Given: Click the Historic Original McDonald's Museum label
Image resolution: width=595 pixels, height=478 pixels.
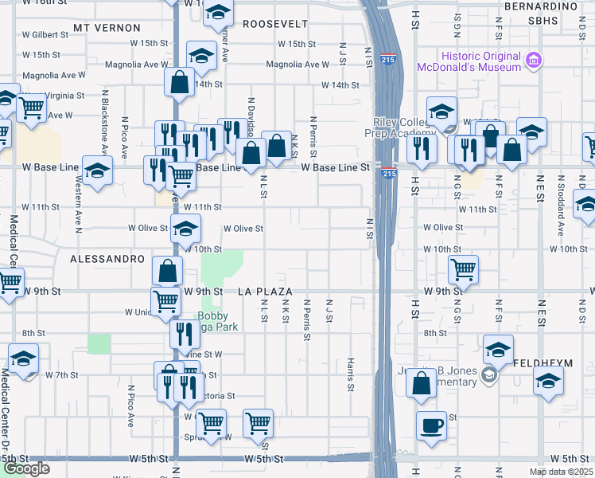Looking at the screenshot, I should [481, 61].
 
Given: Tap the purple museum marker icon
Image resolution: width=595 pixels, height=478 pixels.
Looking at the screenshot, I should [534, 59].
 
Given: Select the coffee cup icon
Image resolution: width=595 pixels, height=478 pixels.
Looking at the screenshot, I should [431, 424].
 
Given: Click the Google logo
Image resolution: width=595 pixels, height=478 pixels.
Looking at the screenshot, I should [25, 468].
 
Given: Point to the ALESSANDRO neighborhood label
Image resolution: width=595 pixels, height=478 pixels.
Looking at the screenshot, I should [107, 260].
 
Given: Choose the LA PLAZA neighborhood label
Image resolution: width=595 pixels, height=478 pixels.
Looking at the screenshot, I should [266, 292].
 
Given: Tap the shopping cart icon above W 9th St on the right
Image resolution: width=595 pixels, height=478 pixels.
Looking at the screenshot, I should [463, 268].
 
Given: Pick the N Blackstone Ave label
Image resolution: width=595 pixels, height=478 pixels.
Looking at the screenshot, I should [104, 121].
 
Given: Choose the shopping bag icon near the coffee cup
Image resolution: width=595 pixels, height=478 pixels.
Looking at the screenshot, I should [421, 382].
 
